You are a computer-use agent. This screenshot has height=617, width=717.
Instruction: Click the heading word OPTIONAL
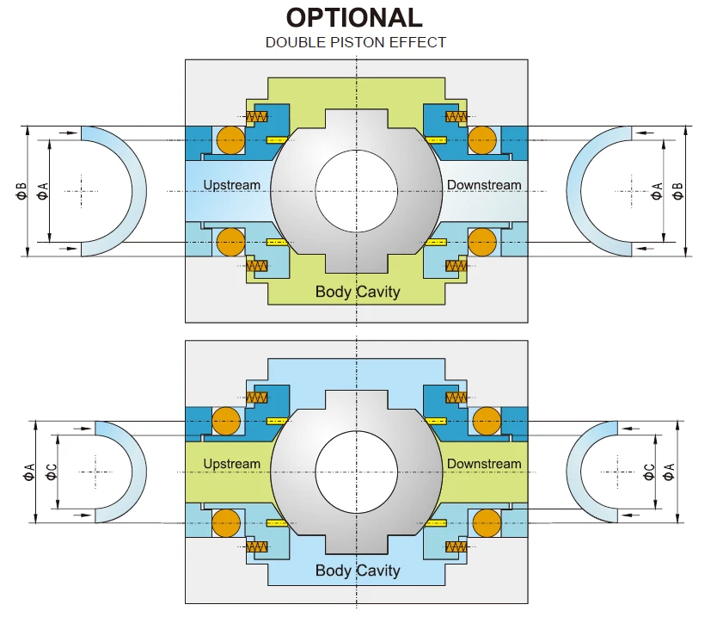(x=354, y=18)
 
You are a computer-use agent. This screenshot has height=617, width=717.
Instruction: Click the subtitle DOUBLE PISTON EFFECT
(x=355, y=42)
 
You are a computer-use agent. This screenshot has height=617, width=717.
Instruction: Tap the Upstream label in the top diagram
(x=231, y=185)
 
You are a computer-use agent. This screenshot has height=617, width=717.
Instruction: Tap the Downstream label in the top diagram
(x=484, y=185)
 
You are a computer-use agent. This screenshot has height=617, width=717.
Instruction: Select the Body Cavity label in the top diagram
(x=358, y=292)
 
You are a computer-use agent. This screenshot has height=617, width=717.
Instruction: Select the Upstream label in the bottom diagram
(x=231, y=464)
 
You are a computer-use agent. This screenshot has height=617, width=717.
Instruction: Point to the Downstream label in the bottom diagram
(x=484, y=464)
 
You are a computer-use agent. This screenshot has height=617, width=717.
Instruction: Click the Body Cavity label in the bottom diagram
(x=358, y=571)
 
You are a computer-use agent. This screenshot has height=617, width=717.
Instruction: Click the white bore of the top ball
(x=356, y=190)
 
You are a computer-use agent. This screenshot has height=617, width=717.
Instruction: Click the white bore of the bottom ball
(x=356, y=469)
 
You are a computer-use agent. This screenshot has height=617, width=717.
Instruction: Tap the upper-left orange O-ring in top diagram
(x=230, y=139)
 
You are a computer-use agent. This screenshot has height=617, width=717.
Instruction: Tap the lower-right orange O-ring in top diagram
(x=483, y=242)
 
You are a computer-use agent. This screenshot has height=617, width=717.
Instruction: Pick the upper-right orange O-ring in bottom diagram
(x=486, y=422)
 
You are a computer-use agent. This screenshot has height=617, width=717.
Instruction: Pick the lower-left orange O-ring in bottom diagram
(x=226, y=521)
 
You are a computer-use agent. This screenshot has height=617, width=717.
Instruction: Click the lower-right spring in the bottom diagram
(x=457, y=546)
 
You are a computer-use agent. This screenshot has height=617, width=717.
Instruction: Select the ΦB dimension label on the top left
(x=21, y=191)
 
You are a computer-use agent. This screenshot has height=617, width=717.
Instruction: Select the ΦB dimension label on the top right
(x=678, y=191)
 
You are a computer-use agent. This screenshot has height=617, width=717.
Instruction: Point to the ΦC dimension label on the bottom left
(x=52, y=472)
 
